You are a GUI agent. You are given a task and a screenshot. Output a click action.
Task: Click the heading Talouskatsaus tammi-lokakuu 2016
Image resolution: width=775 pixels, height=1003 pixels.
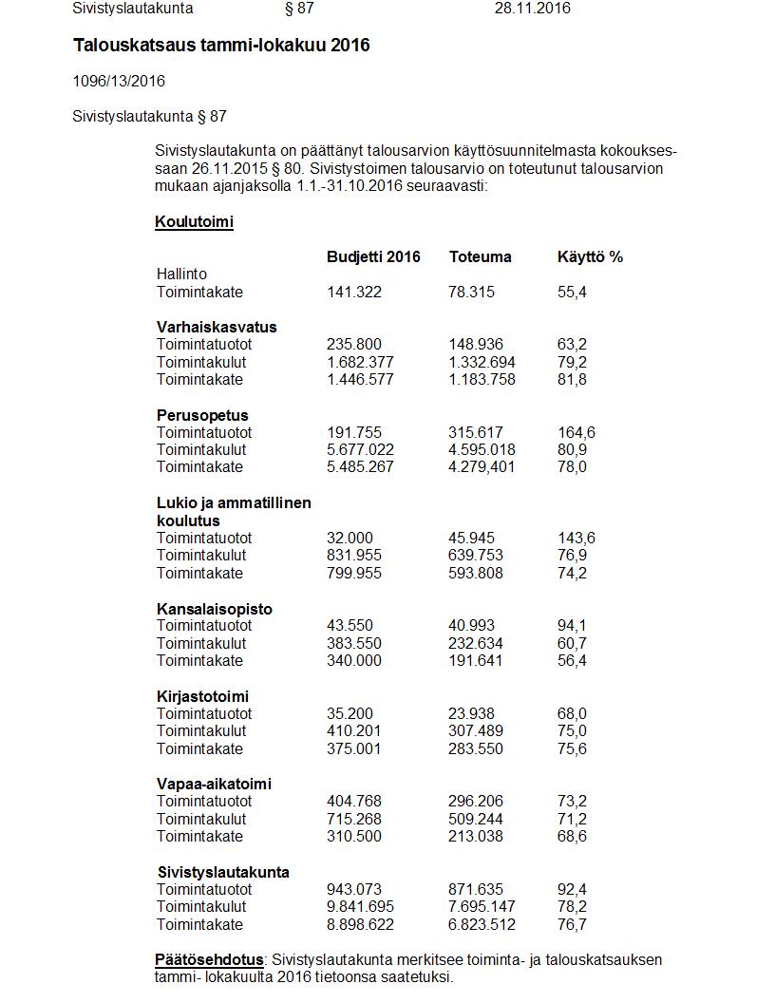click(x=221, y=46)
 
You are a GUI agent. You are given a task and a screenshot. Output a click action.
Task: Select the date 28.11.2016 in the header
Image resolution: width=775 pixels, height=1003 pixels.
click(x=532, y=9)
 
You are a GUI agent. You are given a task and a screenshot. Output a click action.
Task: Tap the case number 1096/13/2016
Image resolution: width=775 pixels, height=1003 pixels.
click(x=119, y=82)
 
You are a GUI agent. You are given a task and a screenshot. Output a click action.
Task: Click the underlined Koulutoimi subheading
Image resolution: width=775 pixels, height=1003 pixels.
click(x=194, y=222)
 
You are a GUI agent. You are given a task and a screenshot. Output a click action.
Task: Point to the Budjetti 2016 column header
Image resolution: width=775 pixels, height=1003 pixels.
click(x=373, y=257)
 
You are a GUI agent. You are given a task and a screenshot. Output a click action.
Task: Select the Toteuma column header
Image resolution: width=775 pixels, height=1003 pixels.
click(x=480, y=257)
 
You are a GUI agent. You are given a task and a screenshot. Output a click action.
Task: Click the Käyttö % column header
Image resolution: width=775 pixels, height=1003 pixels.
click(x=590, y=257)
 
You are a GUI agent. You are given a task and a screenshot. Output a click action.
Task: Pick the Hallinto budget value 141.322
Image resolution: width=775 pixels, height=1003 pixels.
click(x=354, y=293)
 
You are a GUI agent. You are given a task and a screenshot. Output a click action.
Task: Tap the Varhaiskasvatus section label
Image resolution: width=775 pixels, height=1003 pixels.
click(x=217, y=328)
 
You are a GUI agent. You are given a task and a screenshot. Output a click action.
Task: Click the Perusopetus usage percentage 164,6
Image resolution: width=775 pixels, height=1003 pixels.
click(x=577, y=433)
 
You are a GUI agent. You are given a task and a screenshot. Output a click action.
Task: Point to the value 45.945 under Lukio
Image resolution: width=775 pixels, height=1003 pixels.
click(x=471, y=539)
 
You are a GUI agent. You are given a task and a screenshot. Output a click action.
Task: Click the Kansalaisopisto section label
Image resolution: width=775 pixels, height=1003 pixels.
click(x=214, y=609)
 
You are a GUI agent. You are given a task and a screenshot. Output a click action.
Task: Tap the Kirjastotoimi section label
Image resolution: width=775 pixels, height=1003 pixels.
click(x=202, y=697)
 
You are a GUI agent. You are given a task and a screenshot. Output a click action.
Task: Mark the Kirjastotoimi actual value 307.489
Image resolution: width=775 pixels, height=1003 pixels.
click(x=476, y=731)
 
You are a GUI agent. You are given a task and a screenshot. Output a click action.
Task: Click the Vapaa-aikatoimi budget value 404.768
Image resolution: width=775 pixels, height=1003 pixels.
click(x=354, y=802)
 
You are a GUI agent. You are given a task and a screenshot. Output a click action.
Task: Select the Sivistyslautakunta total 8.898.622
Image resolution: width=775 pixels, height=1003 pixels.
click(x=360, y=925)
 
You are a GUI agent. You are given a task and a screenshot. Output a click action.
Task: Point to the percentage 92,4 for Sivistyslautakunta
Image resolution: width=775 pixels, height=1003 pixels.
click(x=572, y=890)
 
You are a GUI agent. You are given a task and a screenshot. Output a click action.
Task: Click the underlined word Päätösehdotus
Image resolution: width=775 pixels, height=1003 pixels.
click(x=209, y=960)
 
